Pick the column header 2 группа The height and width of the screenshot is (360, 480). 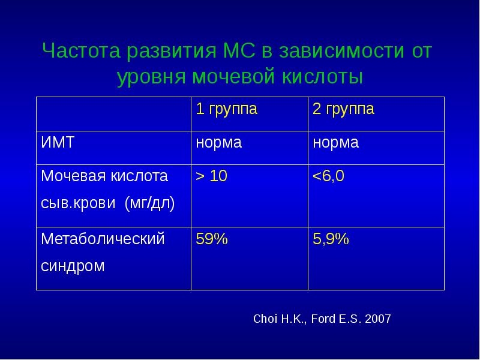pyautogui.click(x=343, y=110)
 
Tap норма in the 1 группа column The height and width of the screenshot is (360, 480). pyautogui.click(x=219, y=143)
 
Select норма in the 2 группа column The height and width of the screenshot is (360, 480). pyautogui.click(x=335, y=143)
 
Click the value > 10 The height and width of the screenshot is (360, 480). pyautogui.click(x=212, y=176)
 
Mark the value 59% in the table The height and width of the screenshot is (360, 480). pyautogui.click(x=212, y=239)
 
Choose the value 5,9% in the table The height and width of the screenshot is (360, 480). pyautogui.click(x=331, y=239)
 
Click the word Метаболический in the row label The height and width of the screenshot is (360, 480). pyautogui.click(x=103, y=239)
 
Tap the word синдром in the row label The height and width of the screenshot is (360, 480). pyautogui.click(x=73, y=266)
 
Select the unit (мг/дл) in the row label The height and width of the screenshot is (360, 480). pyautogui.click(x=149, y=203)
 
